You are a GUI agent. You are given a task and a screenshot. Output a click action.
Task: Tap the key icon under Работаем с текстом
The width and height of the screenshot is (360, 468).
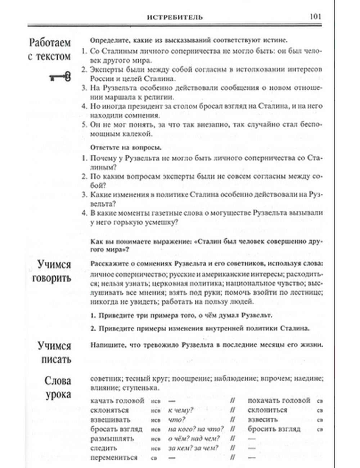pos(60,77)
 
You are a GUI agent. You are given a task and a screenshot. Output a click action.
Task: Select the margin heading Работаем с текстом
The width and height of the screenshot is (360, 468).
pos(50,49)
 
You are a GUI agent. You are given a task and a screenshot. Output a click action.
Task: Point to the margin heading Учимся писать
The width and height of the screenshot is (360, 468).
pos(54,352)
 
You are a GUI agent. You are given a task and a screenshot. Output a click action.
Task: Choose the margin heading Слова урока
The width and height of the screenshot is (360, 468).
pos(58,387)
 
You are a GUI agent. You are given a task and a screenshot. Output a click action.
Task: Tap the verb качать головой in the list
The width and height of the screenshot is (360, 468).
pos(117,401)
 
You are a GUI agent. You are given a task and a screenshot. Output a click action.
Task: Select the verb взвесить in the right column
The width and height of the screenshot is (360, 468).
pos(263,420)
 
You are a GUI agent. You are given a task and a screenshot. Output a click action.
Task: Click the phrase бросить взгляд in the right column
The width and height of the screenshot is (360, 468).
pos(274,429)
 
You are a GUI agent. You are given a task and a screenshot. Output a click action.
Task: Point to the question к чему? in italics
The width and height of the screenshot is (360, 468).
pos(181,410)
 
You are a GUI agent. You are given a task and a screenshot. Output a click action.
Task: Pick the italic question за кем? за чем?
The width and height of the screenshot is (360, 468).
pos(193,448)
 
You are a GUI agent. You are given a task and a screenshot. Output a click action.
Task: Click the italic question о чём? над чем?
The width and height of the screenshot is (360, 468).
pos(194,439)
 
